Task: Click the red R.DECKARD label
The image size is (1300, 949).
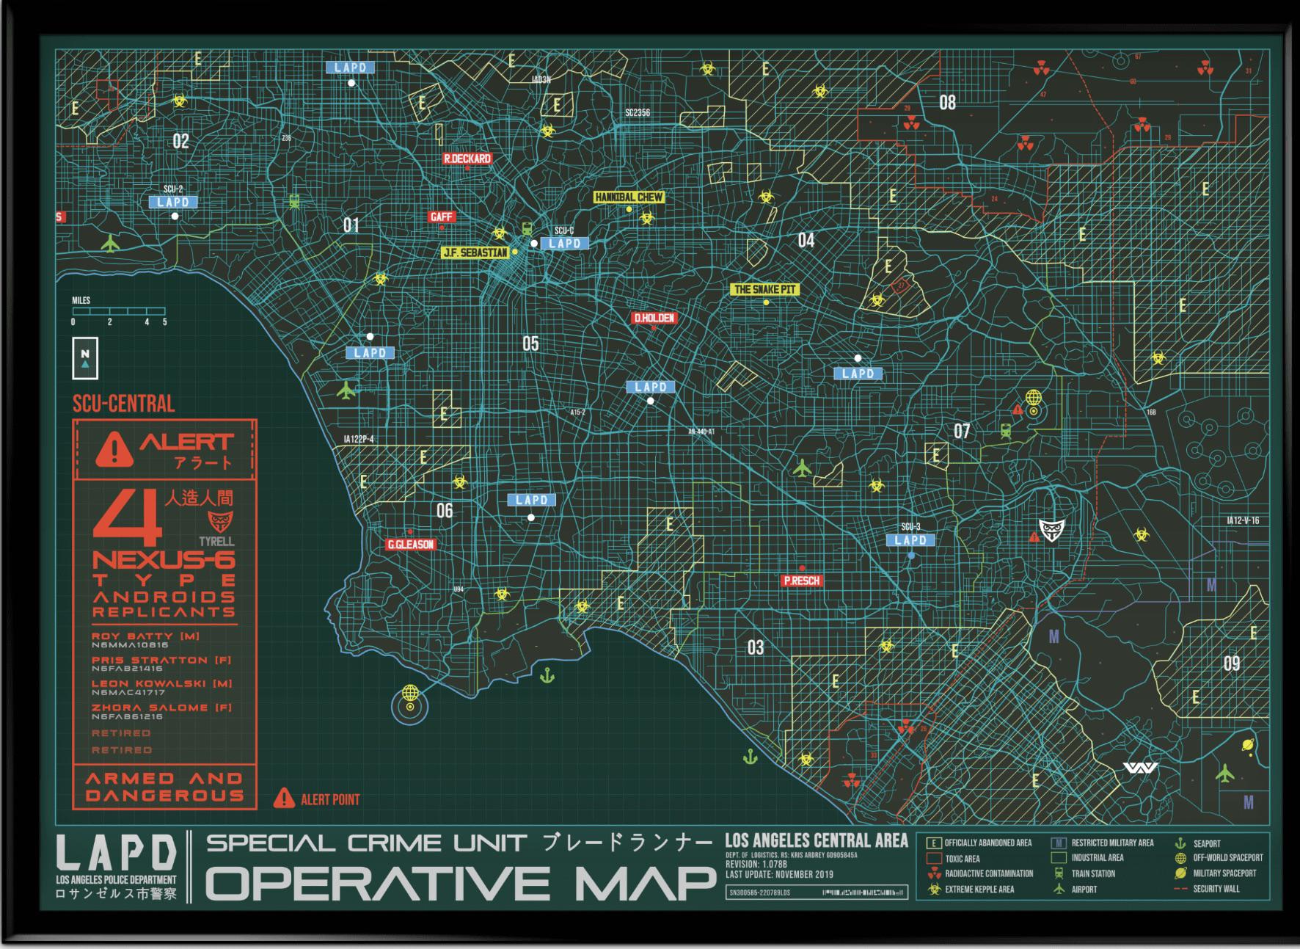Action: [467, 159]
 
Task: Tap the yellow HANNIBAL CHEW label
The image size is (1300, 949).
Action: [629, 197]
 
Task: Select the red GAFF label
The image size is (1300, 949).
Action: [441, 217]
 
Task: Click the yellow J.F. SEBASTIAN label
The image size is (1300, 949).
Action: [475, 252]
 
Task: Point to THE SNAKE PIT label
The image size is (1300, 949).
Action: [765, 290]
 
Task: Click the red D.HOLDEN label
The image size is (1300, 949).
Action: [654, 318]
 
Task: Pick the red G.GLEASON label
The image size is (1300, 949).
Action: [410, 545]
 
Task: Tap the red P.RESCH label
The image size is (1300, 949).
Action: [801, 581]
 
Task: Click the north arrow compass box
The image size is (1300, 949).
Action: [86, 358]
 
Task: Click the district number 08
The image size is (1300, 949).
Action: [947, 103]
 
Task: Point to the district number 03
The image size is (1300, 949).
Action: [755, 647]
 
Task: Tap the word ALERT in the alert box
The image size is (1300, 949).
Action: [186, 442]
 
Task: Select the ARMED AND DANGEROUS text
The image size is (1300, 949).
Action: [165, 787]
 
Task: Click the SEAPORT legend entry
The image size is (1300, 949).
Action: [1206, 843]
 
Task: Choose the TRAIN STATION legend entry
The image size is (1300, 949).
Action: [1092, 873]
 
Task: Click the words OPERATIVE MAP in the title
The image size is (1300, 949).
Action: [461, 882]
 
